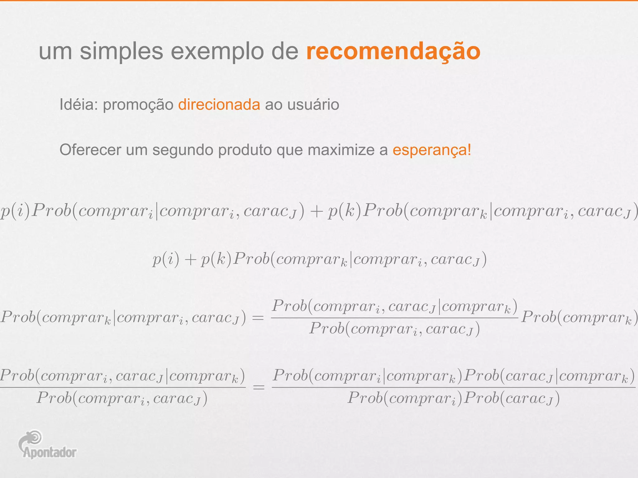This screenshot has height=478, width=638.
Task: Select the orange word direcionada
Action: pyautogui.click(x=219, y=105)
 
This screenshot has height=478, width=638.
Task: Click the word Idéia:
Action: pyautogui.click(x=79, y=105)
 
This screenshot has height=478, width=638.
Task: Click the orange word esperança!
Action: pyautogui.click(x=432, y=150)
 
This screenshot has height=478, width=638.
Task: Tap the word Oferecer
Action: pyautogui.click(x=90, y=150)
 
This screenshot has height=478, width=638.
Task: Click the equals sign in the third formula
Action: pyautogui.click(x=258, y=318)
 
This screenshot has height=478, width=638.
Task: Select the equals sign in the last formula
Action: pyautogui.click(x=259, y=387)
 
